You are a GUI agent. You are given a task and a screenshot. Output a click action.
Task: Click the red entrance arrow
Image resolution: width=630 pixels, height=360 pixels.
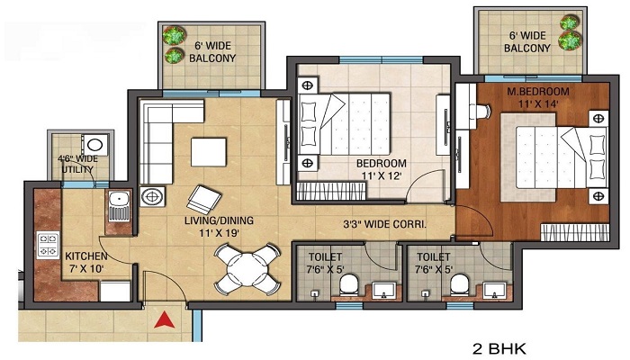(165, 319)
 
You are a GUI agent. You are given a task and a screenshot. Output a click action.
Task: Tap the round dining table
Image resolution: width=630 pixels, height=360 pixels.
(247, 268)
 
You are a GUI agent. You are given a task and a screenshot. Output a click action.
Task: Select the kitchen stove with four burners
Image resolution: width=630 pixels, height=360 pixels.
(49, 245)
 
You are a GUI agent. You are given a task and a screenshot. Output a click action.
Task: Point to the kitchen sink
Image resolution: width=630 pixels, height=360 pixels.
(119, 206)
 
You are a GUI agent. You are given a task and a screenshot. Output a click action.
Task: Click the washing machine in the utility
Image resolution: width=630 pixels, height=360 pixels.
(95, 145)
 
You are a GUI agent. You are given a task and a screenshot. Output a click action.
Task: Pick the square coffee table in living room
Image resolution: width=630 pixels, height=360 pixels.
(209, 152)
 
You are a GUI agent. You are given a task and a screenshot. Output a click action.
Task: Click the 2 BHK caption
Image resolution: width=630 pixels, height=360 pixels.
(499, 348)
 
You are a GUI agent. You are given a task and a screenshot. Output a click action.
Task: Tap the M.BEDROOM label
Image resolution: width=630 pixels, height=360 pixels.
(538, 92)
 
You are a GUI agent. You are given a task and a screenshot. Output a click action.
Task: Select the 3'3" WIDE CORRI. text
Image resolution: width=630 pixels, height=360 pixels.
(384, 224)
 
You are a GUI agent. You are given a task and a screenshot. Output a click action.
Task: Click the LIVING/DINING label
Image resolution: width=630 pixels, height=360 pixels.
(219, 220)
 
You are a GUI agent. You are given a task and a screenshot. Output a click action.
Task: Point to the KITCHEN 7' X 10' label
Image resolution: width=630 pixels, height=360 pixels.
(86, 263)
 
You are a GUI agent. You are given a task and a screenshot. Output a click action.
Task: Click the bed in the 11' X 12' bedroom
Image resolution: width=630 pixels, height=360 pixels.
(345, 124)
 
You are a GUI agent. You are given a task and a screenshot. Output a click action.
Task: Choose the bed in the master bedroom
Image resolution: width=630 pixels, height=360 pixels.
(562, 157)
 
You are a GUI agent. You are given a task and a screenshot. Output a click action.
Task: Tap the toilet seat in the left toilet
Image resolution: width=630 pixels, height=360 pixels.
(349, 284)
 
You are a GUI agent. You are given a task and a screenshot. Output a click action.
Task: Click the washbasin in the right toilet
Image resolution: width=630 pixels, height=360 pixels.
(494, 290)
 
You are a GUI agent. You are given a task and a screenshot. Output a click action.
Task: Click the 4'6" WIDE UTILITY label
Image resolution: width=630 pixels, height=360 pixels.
(78, 164)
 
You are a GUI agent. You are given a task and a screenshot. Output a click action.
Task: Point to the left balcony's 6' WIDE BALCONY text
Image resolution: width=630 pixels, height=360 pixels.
(212, 52)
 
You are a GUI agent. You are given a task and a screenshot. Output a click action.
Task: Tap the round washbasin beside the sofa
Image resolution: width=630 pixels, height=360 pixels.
(152, 196)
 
